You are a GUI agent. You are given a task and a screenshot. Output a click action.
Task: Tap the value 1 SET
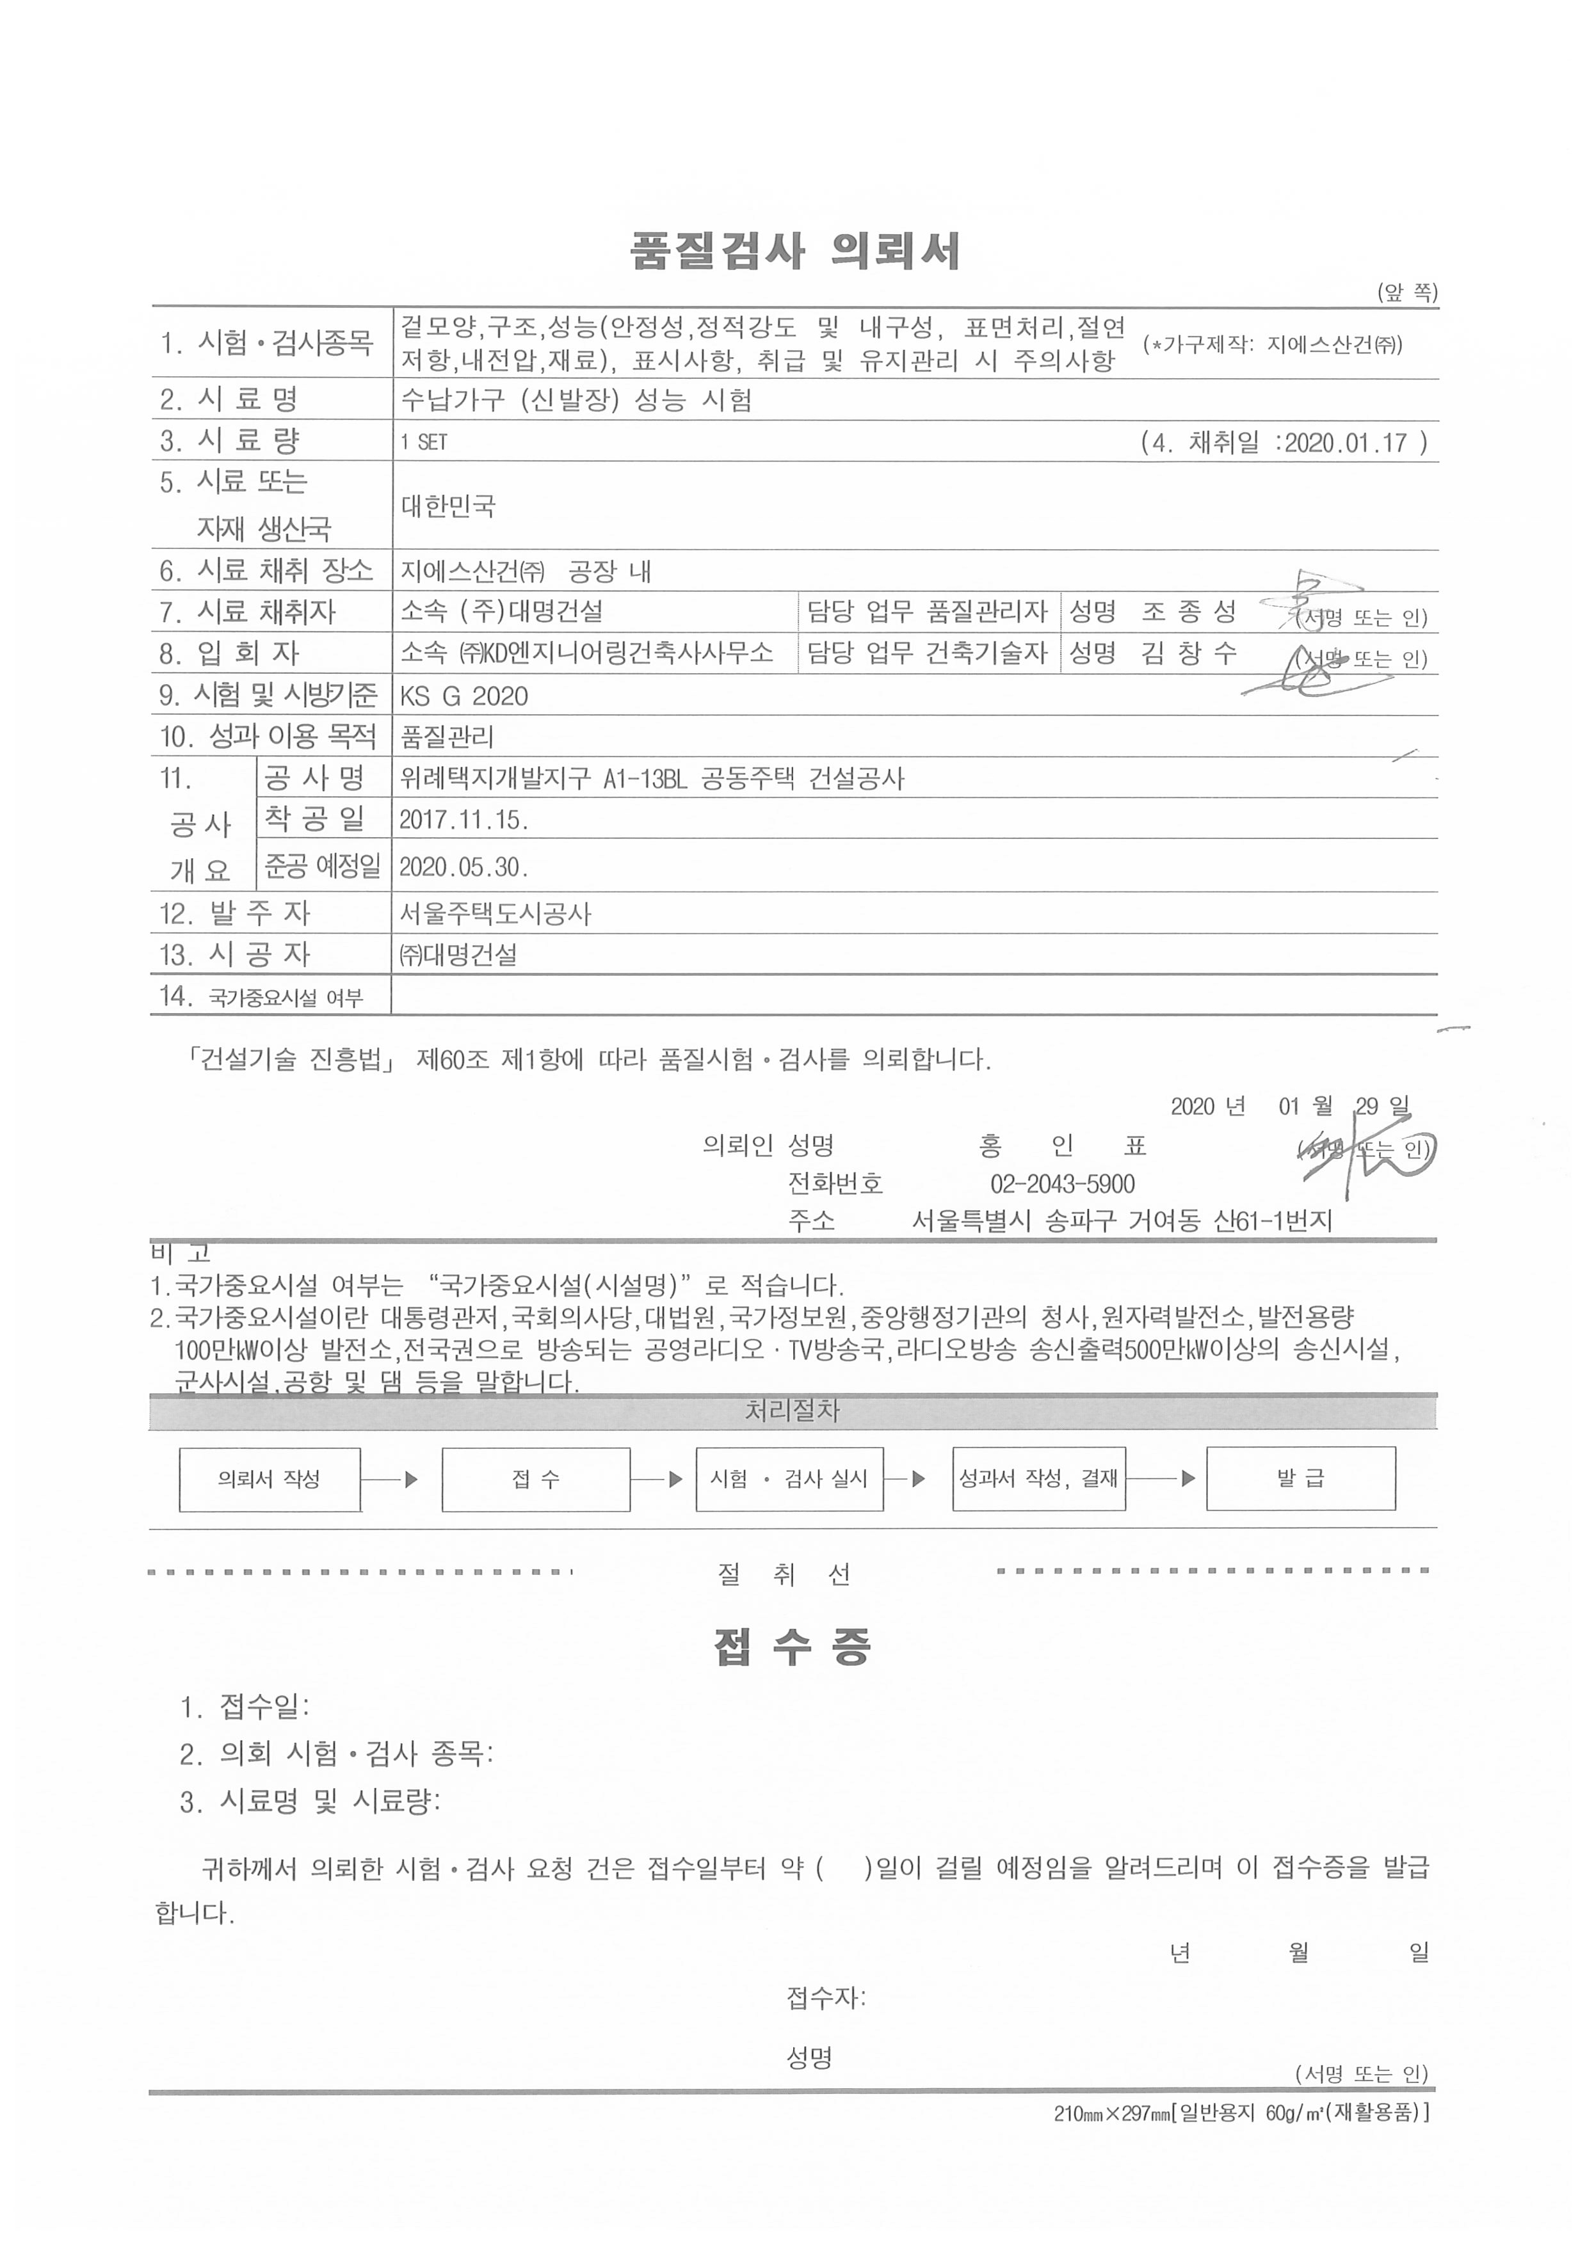(423, 443)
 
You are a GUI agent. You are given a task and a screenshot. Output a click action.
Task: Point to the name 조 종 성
(1188, 612)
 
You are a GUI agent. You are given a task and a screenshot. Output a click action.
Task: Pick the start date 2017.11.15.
(463, 820)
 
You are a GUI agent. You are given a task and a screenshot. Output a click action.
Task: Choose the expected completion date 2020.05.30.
(463, 867)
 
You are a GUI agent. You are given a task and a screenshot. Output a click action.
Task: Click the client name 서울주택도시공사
(495, 915)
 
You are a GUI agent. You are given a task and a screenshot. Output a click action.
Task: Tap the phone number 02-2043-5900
(1062, 1184)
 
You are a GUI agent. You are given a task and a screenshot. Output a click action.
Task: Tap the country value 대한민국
(449, 506)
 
